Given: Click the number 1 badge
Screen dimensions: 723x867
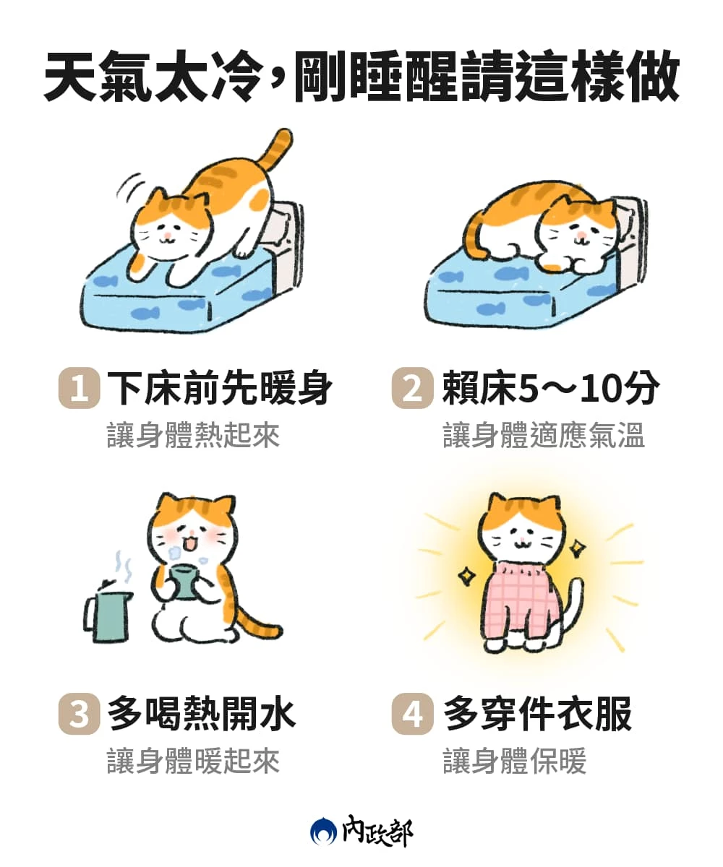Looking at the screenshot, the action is click(79, 388).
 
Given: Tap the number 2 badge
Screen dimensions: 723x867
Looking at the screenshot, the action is click(412, 388).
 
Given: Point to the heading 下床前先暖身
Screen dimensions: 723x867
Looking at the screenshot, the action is click(219, 388).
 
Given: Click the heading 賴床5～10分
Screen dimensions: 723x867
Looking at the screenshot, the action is click(551, 388).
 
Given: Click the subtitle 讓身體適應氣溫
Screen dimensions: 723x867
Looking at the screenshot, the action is click(544, 435).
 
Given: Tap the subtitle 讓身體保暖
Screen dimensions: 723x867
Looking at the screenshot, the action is click(514, 761).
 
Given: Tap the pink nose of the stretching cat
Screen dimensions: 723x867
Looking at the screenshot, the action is click(167, 236).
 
